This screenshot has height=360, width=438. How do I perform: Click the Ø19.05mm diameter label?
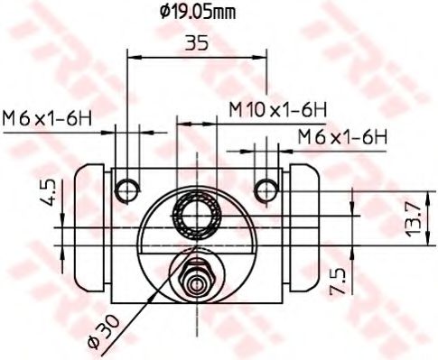click(x=198, y=13)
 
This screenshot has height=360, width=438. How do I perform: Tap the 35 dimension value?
click(x=197, y=42)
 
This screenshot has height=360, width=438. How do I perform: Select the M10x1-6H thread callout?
click(x=277, y=110)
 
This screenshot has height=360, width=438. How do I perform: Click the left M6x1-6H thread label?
click(x=47, y=118)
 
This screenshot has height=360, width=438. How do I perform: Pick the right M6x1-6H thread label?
click(x=342, y=137)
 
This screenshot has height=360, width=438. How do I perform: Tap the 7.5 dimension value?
click(x=338, y=282)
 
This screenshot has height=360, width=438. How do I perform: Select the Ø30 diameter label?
click(x=103, y=333)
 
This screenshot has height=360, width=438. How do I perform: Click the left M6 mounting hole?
click(x=127, y=190)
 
